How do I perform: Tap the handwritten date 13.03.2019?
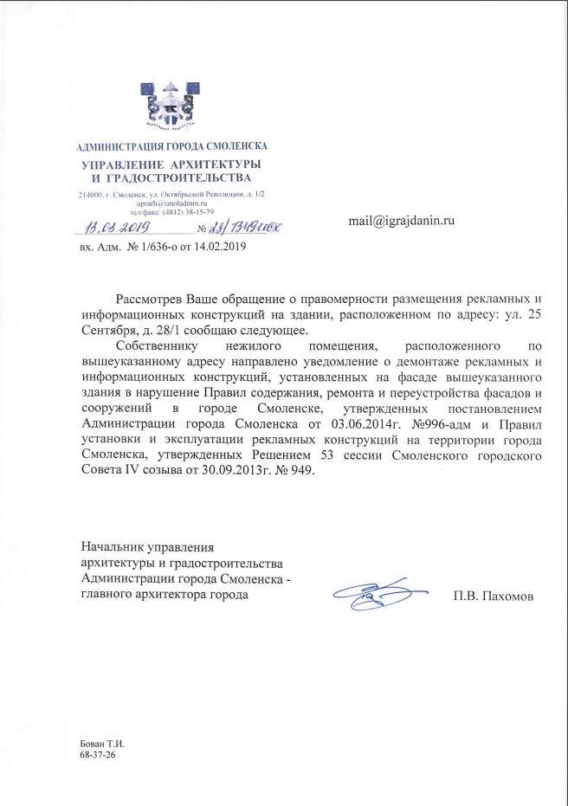tap(119, 227)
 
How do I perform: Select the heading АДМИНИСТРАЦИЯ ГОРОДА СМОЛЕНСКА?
tap(172, 145)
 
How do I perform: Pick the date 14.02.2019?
tap(221, 248)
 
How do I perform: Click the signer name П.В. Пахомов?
tap(493, 596)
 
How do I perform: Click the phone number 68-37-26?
tap(96, 755)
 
